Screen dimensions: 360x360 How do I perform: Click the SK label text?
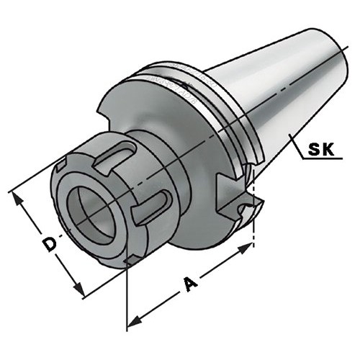321,149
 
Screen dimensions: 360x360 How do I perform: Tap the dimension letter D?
50,243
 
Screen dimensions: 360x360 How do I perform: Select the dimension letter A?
190,284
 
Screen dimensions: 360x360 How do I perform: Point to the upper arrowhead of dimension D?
17,199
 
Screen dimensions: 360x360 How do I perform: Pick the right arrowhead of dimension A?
246,248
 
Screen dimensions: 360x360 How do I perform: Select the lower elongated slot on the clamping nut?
152,207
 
